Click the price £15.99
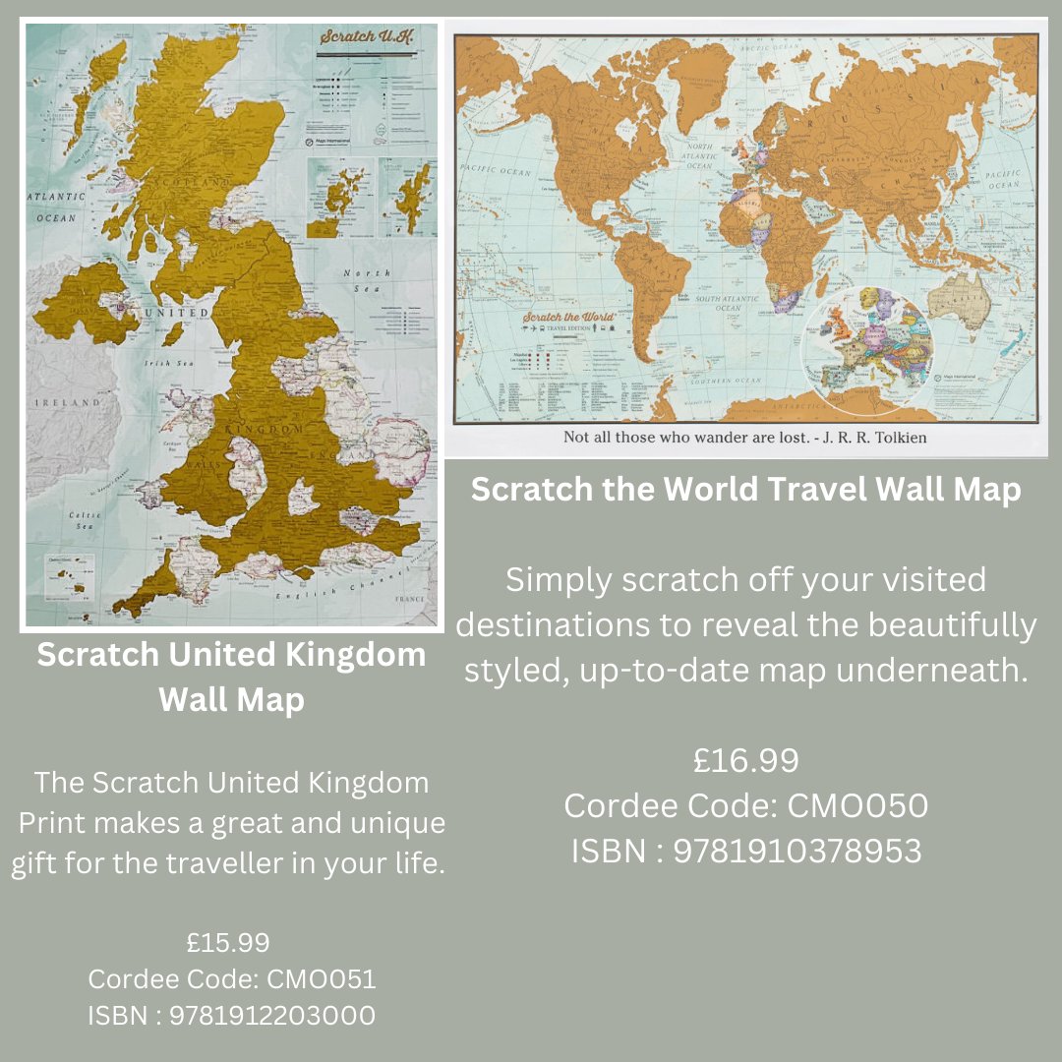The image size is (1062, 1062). tap(228, 942)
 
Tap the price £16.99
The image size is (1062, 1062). tap(745, 760)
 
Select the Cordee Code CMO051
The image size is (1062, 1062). tap(232, 979)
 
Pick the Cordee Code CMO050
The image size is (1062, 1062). tap(745, 805)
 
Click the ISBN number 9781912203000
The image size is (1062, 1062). tap(232, 1015)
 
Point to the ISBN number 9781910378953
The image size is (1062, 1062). tap(745, 851)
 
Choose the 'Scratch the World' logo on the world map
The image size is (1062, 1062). tap(568, 318)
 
